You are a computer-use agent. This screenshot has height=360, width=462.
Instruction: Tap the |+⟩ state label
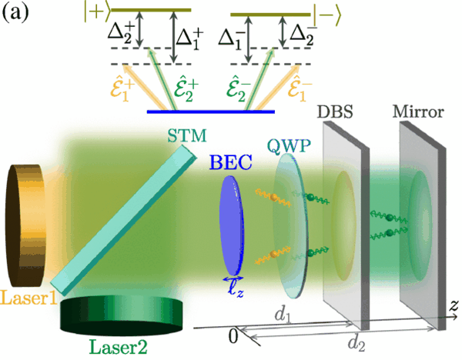click(x=97, y=13)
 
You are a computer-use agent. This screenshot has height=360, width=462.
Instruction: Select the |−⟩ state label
click(x=327, y=17)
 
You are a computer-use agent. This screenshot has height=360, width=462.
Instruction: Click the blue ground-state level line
click(x=211, y=112)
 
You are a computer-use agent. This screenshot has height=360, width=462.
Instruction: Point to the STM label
click(x=187, y=136)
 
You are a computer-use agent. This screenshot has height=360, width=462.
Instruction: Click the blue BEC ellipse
click(x=233, y=225)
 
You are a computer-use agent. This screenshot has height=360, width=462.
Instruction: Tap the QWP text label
click(x=289, y=145)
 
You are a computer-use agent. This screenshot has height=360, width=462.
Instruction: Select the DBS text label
click(x=335, y=112)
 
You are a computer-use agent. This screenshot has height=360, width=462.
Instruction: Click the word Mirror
click(x=418, y=112)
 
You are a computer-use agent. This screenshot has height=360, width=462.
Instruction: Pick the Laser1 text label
click(x=29, y=298)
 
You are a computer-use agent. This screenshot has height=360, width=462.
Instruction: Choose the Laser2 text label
click(x=118, y=348)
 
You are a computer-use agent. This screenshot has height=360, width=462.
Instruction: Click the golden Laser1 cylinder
click(x=25, y=225)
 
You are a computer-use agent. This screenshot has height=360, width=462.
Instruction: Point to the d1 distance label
click(x=283, y=315)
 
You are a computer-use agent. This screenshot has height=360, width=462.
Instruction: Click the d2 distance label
click(x=357, y=343)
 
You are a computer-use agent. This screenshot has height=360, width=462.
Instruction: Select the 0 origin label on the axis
click(x=233, y=336)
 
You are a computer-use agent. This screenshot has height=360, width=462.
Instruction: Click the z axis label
click(x=454, y=305)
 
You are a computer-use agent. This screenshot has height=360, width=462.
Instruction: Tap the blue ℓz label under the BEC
click(x=236, y=289)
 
